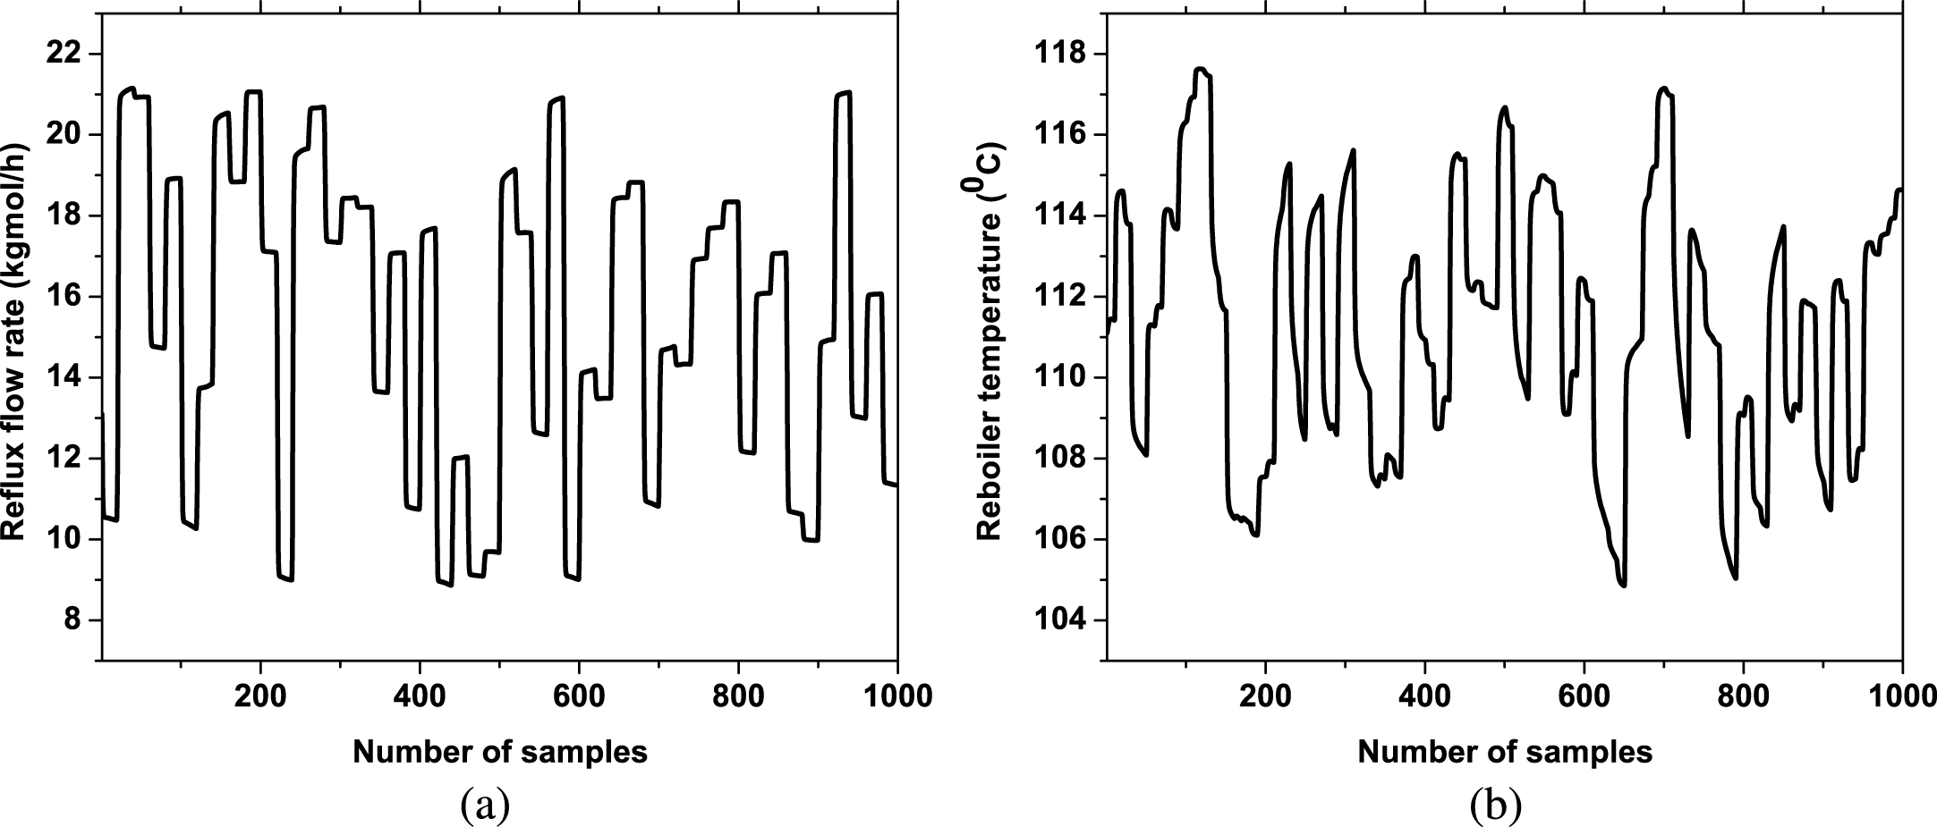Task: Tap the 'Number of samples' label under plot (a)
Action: point(500,753)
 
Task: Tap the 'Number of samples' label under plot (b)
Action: point(1505,753)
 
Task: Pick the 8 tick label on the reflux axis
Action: point(71,620)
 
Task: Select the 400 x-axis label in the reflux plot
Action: point(420,696)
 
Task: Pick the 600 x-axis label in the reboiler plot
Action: point(1584,696)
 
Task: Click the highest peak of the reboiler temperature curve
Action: point(1200,69)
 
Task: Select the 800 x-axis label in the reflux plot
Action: point(738,696)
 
